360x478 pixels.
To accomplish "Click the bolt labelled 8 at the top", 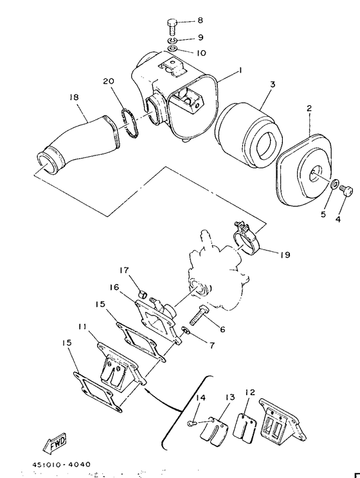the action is click(172, 28).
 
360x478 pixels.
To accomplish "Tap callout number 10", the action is click(201, 53).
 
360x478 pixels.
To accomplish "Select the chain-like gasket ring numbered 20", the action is click(130, 123).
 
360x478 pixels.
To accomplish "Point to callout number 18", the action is click(74, 97).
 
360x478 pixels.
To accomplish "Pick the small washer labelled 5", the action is click(335, 184).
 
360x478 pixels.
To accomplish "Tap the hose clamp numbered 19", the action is click(246, 238).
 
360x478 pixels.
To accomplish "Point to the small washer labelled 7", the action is click(186, 330).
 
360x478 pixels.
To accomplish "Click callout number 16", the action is click(114, 287).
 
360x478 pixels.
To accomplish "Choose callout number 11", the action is click(82, 326).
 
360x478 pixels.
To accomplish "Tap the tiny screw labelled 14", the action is click(192, 423).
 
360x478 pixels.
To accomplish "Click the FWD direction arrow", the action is click(55, 442).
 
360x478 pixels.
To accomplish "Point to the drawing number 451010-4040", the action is click(62, 465).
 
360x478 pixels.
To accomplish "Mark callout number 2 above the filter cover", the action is click(309, 108).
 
